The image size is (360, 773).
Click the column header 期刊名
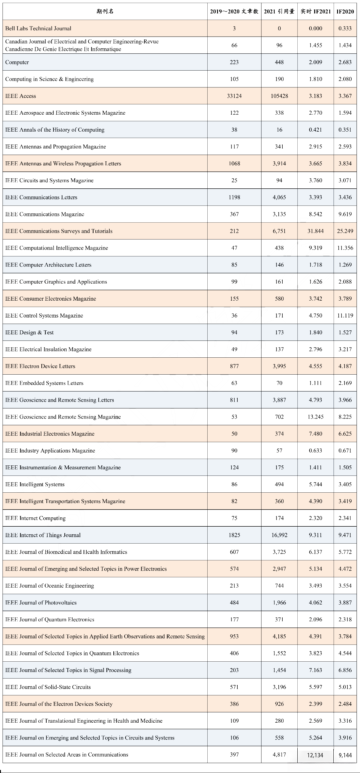[x=105, y=11]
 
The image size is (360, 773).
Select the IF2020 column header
[x=345, y=11]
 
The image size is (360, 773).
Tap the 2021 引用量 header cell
[x=279, y=11]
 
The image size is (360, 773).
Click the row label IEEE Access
[x=21, y=96]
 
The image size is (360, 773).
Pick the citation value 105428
[x=279, y=96]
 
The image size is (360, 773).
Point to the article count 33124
[x=234, y=96]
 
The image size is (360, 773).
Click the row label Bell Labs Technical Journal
[x=38, y=28]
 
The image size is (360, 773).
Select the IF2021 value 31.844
[x=315, y=231]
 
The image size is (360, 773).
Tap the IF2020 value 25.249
[x=345, y=231]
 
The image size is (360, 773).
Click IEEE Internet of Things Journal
[x=43, y=535]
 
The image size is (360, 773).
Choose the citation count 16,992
[x=279, y=535]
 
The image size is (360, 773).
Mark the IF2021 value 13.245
[x=315, y=417]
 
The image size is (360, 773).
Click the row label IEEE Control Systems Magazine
[x=44, y=315]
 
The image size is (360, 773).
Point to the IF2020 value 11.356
[x=345, y=248]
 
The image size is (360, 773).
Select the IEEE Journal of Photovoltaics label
[x=41, y=602]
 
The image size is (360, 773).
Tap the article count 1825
[x=234, y=535]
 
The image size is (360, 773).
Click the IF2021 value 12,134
[x=315, y=755]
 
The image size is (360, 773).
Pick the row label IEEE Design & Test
[x=29, y=332]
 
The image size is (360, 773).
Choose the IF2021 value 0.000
[x=315, y=28]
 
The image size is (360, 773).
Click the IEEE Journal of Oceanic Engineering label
[x=50, y=586]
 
